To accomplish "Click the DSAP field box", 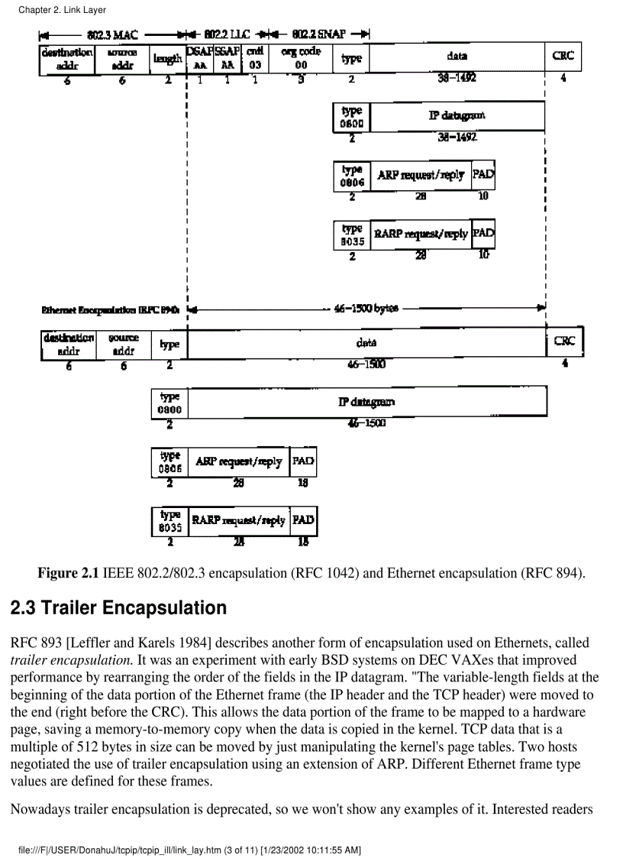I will [x=199, y=59].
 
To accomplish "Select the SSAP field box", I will [x=227, y=59].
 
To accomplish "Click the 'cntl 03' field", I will [x=255, y=59].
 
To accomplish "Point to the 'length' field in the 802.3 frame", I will [x=167, y=59].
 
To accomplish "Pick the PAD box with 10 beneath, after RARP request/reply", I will [x=483, y=233].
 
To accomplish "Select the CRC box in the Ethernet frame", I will [x=564, y=342].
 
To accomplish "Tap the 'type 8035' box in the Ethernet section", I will [x=169, y=521].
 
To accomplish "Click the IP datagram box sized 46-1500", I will [x=366, y=402].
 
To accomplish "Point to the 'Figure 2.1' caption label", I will [x=69, y=573].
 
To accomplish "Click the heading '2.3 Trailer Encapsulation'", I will [x=118, y=608].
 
